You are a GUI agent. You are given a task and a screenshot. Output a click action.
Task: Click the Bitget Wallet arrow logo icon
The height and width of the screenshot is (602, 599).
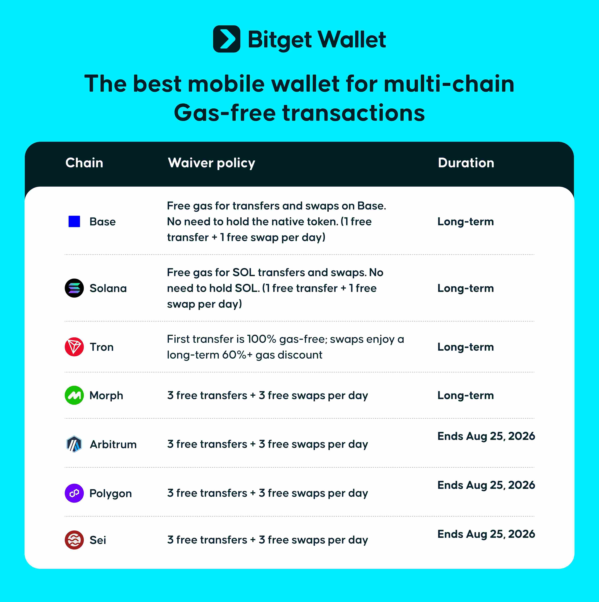(226, 39)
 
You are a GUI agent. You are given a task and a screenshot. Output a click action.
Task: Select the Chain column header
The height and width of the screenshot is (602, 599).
(84, 163)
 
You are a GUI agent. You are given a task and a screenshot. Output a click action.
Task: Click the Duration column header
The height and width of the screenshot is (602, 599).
(466, 163)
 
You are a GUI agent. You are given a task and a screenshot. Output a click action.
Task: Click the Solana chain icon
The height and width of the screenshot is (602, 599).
(74, 288)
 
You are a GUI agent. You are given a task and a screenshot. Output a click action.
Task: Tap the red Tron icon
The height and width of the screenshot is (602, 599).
(74, 347)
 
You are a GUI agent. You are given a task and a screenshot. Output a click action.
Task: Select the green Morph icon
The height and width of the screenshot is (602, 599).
(74, 395)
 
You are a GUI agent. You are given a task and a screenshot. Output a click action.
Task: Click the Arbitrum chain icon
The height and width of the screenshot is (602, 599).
(74, 444)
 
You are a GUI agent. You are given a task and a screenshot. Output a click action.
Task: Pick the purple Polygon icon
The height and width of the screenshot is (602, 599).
(74, 493)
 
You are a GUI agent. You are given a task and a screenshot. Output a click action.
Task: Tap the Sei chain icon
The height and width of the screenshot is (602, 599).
(74, 540)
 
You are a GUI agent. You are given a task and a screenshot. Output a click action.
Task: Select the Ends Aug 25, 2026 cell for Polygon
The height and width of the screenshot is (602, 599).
(486, 485)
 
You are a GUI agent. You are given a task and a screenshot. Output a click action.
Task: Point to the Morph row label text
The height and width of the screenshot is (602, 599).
(106, 395)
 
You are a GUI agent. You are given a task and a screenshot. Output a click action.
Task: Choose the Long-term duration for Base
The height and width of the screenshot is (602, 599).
(466, 222)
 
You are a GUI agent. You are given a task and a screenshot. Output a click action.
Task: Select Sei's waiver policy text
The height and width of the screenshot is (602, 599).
(268, 540)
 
